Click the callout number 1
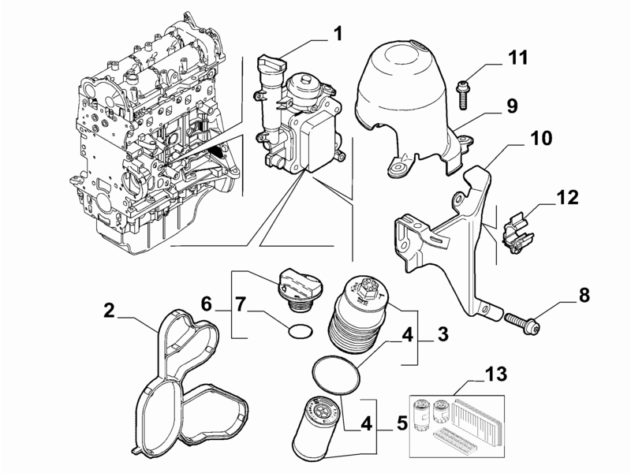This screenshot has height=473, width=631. [x=338, y=33]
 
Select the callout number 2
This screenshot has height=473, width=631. [x=109, y=311]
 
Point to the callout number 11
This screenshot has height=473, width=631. [x=517, y=58]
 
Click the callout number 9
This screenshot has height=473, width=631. [x=512, y=106]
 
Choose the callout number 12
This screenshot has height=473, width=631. [x=568, y=197]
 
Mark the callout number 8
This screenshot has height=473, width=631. [x=584, y=295]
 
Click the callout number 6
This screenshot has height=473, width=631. [x=206, y=304]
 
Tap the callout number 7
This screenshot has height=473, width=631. [x=241, y=304]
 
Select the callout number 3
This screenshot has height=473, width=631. [x=442, y=333]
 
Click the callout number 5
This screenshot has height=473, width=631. [x=402, y=423]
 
